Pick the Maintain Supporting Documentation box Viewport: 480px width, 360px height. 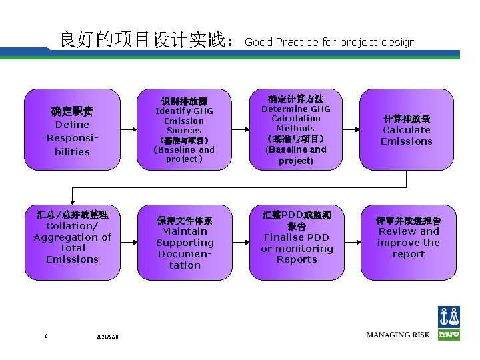pyautogui.click(x=184, y=242)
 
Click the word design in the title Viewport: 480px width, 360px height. pyautogui.click(x=399, y=43)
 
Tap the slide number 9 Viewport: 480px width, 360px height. pyautogui.click(x=46, y=336)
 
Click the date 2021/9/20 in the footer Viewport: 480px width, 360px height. pyautogui.click(x=107, y=337)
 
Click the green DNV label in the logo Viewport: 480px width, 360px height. pyautogui.click(x=449, y=335)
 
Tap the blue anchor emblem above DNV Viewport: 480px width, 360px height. pyautogui.click(x=449, y=317)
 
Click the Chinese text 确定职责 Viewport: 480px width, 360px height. pyautogui.click(x=72, y=111)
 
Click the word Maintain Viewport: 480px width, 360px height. pyautogui.click(x=185, y=231)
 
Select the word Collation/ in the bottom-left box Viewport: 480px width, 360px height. pyautogui.click(x=72, y=226)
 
